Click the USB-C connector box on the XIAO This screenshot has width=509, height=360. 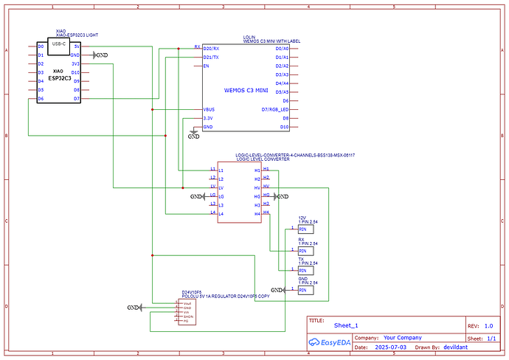tap(58, 44)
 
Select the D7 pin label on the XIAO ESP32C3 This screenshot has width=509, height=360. tap(76, 99)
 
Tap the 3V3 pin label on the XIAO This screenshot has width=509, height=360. tap(75, 63)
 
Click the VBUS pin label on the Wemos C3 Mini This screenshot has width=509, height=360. tap(210, 109)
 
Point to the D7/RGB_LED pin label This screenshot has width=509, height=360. tap(275, 109)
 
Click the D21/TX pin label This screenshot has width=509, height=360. tap(211, 57)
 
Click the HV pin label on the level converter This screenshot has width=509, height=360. tap(257, 187)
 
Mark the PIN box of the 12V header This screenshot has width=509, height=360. tap(302, 230)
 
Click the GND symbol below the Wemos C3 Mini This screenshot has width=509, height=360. tap(193, 136)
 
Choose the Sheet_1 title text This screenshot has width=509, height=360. tap(345, 325)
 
